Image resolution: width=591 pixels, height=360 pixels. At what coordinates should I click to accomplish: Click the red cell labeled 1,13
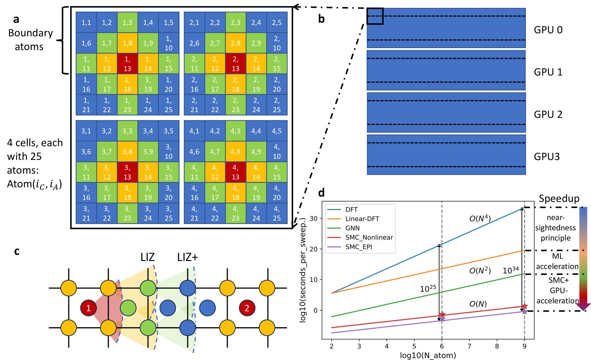pyautogui.click(x=127, y=63)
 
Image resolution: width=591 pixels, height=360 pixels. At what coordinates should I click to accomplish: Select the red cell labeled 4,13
pyautogui.click(x=236, y=172)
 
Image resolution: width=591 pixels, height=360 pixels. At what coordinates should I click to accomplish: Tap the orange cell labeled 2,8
pyautogui.click(x=236, y=43)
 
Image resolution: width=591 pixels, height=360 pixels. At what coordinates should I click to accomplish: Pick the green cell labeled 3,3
pyautogui.click(x=127, y=131)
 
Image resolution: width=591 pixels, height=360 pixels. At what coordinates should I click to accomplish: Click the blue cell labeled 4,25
pyautogui.click(x=277, y=213)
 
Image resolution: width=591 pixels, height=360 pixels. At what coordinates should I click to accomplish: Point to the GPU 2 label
pyautogui.click(x=548, y=114)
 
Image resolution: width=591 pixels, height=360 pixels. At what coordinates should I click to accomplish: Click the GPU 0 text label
pyautogui.click(x=548, y=30)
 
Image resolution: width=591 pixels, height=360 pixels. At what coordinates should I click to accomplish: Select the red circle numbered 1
pyautogui.click(x=89, y=308)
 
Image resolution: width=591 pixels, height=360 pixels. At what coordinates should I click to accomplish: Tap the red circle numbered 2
pyautogui.click(x=247, y=308)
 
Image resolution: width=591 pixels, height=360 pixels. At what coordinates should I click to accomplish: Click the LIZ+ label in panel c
pyautogui.click(x=187, y=257)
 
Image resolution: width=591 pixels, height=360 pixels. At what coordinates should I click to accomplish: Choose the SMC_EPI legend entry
pyautogui.click(x=359, y=247)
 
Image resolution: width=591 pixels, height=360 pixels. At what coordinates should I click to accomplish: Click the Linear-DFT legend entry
pyautogui.click(x=362, y=219)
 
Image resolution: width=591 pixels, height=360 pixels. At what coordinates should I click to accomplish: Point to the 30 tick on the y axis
pyautogui.click(x=313, y=218)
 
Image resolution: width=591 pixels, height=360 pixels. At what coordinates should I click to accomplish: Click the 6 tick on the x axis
pyautogui.click(x=442, y=346)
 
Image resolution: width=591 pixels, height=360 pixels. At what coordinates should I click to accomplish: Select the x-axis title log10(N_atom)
pyautogui.click(x=428, y=355)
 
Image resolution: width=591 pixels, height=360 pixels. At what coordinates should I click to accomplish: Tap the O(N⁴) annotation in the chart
pyautogui.click(x=480, y=218)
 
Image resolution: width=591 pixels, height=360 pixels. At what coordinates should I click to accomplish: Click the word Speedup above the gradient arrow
pyautogui.click(x=559, y=198)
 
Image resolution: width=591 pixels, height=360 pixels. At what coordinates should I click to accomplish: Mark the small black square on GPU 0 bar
pyautogui.click(x=375, y=16)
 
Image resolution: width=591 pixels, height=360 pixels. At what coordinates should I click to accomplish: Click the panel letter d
pyautogui.click(x=321, y=193)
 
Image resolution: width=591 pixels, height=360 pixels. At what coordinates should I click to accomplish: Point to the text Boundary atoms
pyautogui.click(x=30, y=40)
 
